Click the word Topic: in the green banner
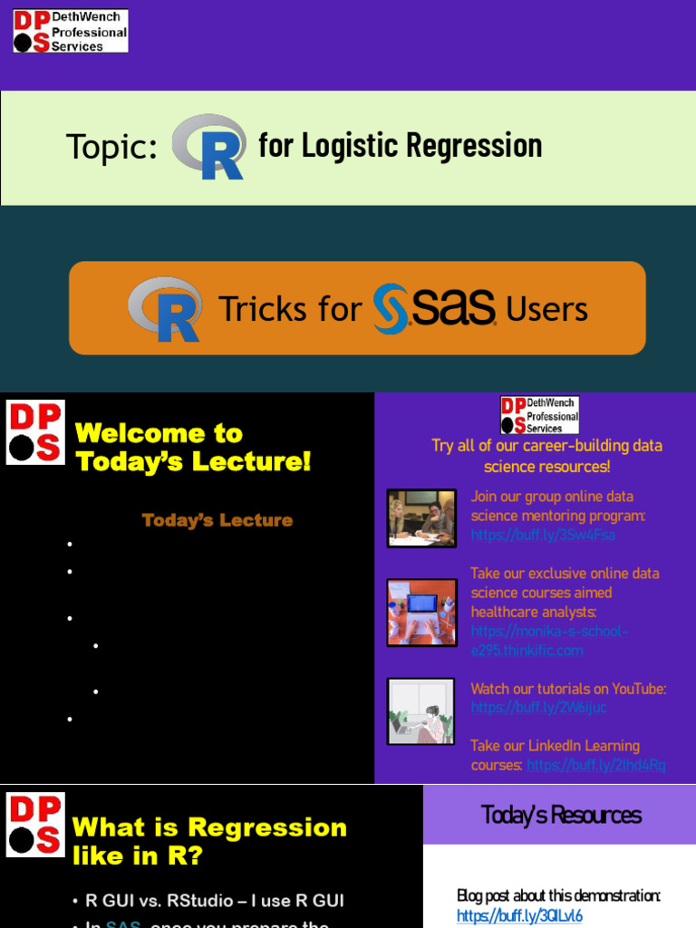pos(111,147)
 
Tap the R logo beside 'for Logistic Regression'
pos(209,147)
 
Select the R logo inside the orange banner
pos(164,309)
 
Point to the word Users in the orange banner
pos(546,310)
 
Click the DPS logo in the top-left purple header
pos(71,31)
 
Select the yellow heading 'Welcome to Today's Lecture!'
pos(193,447)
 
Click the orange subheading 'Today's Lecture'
pos(217,520)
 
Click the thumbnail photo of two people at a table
pos(421,518)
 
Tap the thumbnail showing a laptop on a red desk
pos(421,612)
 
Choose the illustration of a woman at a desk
pos(421,711)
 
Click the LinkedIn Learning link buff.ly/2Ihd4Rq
pos(595,765)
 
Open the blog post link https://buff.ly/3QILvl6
pos(519,915)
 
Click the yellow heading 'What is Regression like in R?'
pos(209,840)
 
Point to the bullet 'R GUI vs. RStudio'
pos(215,901)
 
